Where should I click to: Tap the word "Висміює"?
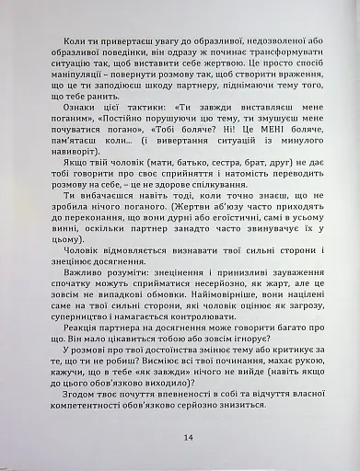pyautogui.click(x=169, y=392)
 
